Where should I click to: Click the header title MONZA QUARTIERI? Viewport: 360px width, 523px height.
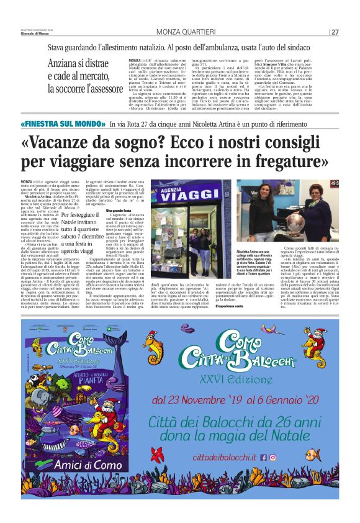click(179, 32)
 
